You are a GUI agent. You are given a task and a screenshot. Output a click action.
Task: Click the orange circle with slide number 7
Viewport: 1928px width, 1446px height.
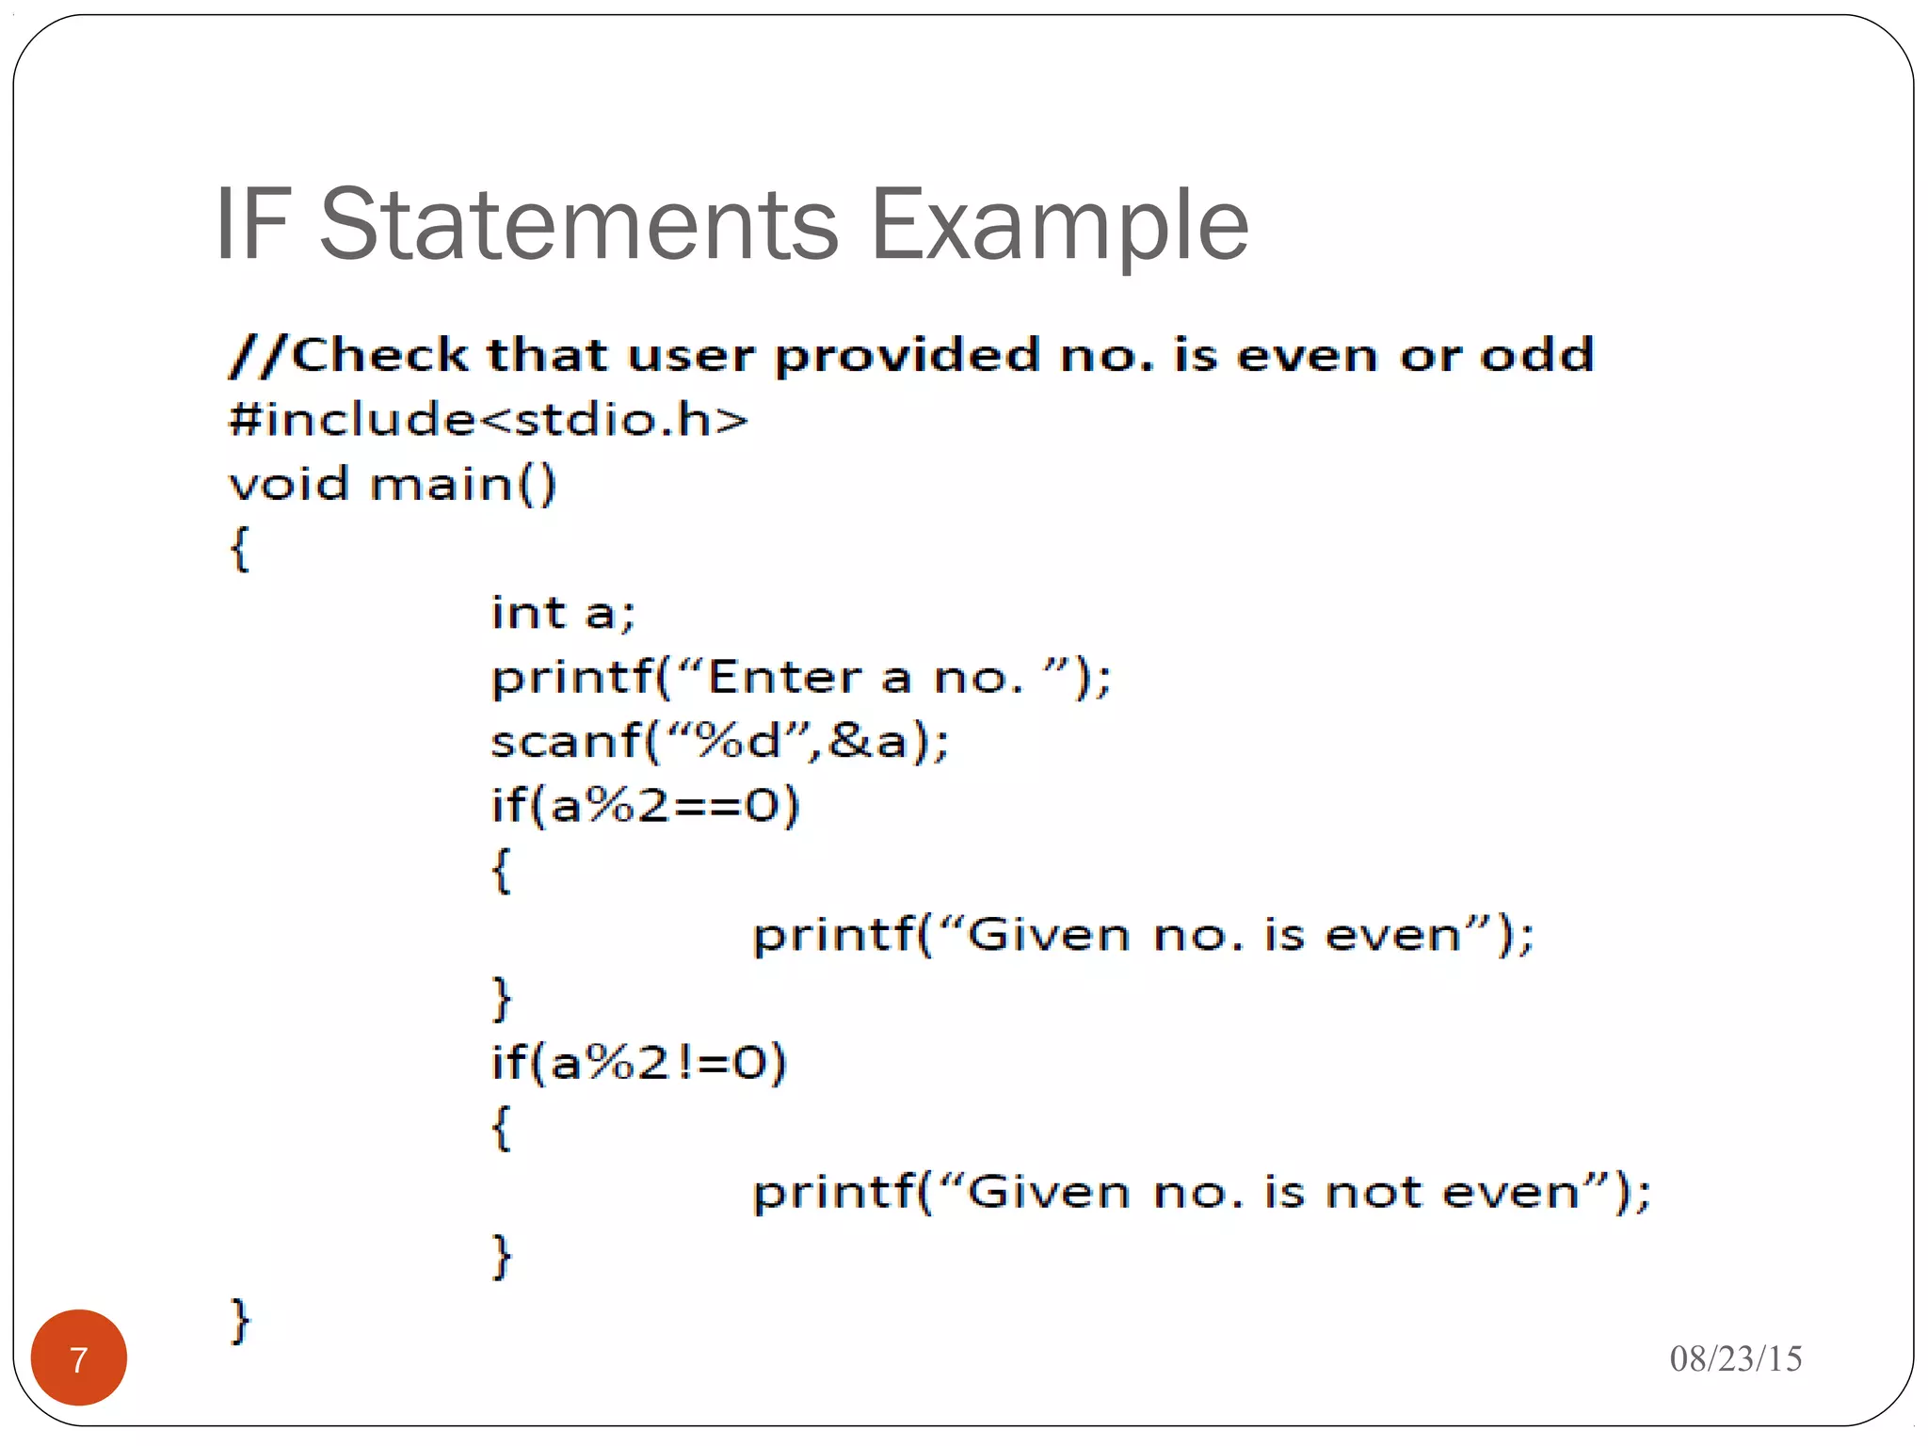click(x=79, y=1358)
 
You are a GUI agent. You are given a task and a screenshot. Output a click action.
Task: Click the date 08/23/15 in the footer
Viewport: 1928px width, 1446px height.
click(x=1735, y=1358)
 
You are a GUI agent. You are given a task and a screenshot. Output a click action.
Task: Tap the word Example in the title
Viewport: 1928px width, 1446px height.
click(x=1059, y=226)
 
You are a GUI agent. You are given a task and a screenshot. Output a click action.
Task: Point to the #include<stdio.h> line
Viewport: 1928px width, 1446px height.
click(x=488, y=420)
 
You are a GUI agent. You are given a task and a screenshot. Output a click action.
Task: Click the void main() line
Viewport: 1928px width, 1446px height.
click(x=393, y=485)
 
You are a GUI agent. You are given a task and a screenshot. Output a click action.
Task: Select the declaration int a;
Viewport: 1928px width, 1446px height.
click(x=563, y=614)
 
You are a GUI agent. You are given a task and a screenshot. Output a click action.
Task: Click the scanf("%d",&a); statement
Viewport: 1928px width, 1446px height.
click(x=719, y=742)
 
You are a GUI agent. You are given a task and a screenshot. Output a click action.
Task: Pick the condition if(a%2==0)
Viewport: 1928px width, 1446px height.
click(x=645, y=807)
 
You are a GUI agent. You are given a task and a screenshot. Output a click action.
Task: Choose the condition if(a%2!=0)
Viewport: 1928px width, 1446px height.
click(x=638, y=1064)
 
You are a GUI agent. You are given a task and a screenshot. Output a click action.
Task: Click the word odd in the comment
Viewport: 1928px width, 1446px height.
click(x=1536, y=355)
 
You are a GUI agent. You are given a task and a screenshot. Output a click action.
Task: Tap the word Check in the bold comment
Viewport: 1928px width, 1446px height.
click(x=379, y=355)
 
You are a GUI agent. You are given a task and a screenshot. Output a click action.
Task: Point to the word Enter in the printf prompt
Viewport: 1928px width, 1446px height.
click(x=784, y=678)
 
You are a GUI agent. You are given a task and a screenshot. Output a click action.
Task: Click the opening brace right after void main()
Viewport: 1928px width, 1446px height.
click(x=240, y=549)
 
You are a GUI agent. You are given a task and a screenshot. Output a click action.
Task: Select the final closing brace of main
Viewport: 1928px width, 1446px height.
click(x=240, y=1320)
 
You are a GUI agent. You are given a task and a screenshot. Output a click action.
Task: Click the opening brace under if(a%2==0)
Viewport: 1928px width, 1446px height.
click(x=502, y=871)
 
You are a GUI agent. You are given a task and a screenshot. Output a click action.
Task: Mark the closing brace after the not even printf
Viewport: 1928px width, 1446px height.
click(x=502, y=1256)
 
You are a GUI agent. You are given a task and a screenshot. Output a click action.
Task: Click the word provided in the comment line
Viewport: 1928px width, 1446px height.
click(x=908, y=356)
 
